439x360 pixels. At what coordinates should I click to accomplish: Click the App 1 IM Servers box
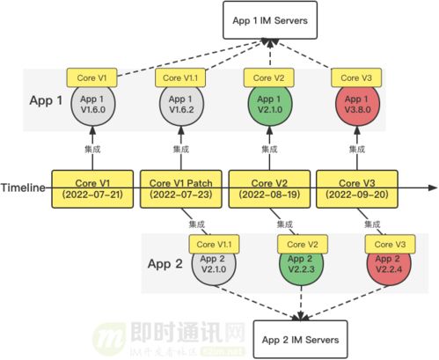pyautogui.click(x=268, y=19)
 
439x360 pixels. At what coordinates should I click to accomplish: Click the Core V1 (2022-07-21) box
pyautogui.click(x=93, y=187)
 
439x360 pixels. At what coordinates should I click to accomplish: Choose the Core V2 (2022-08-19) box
pyautogui.click(x=268, y=187)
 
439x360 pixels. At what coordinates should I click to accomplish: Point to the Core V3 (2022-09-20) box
pyautogui.click(x=355, y=187)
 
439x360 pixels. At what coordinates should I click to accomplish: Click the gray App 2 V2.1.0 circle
pyautogui.click(x=211, y=265)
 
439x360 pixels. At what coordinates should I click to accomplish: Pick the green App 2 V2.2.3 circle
pyautogui.click(x=299, y=265)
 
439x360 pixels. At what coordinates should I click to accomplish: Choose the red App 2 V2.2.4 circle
pyautogui.click(x=386, y=265)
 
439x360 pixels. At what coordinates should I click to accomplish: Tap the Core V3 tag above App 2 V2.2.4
pyautogui.click(x=386, y=243)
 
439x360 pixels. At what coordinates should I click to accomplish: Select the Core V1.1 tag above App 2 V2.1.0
pyautogui.click(x=211, y=243)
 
